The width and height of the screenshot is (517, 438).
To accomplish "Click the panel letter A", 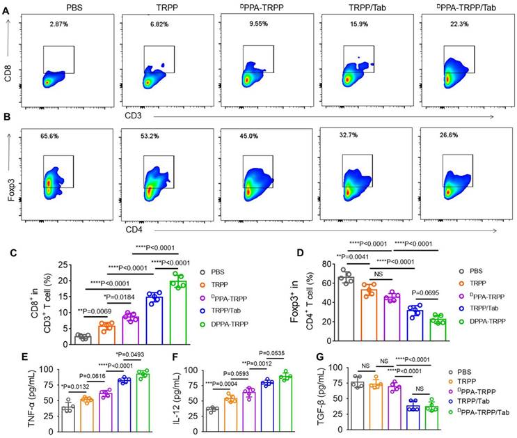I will coord(6,10).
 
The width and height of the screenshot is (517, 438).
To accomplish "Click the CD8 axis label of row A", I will coord(9,71).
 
